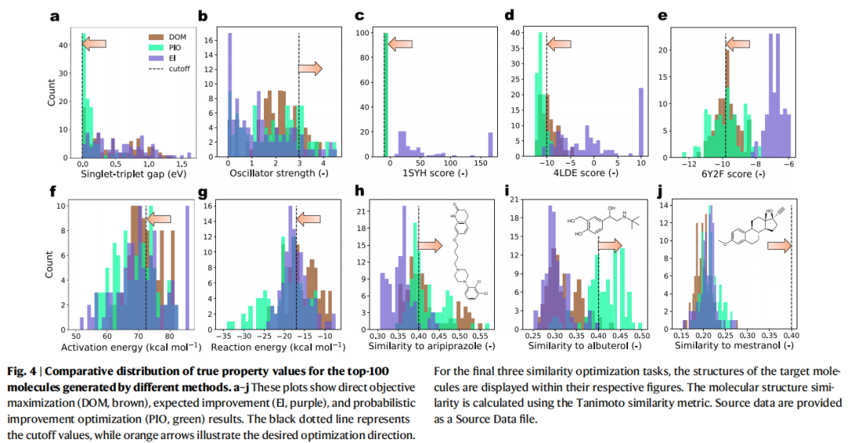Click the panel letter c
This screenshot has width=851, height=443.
point(359,15)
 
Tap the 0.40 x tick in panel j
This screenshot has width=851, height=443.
point(791,333)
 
